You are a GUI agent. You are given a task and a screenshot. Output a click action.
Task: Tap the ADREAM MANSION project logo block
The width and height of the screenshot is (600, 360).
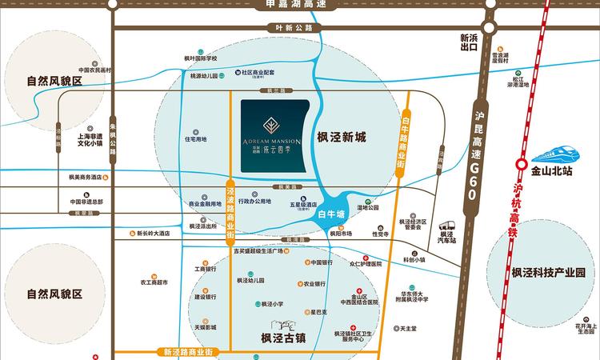[276, 135]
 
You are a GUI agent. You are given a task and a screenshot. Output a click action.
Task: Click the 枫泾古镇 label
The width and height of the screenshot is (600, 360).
[285, 337]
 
